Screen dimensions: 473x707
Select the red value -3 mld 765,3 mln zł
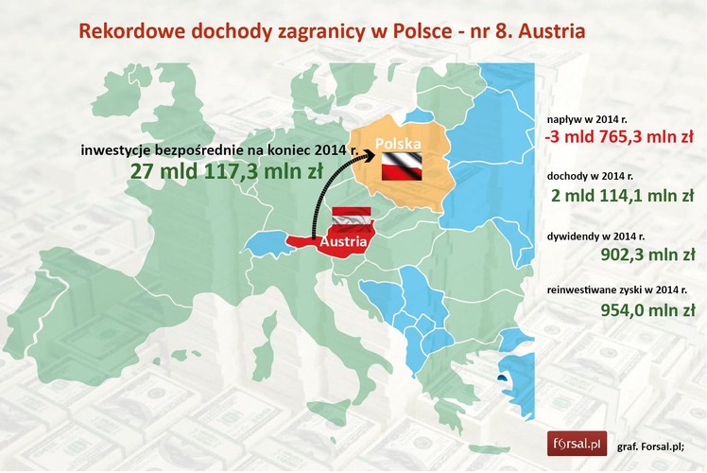click(x=619, y=139)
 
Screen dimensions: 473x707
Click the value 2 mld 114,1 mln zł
click(x=625, y=197)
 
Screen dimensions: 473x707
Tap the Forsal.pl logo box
click(x=578, y=443)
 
